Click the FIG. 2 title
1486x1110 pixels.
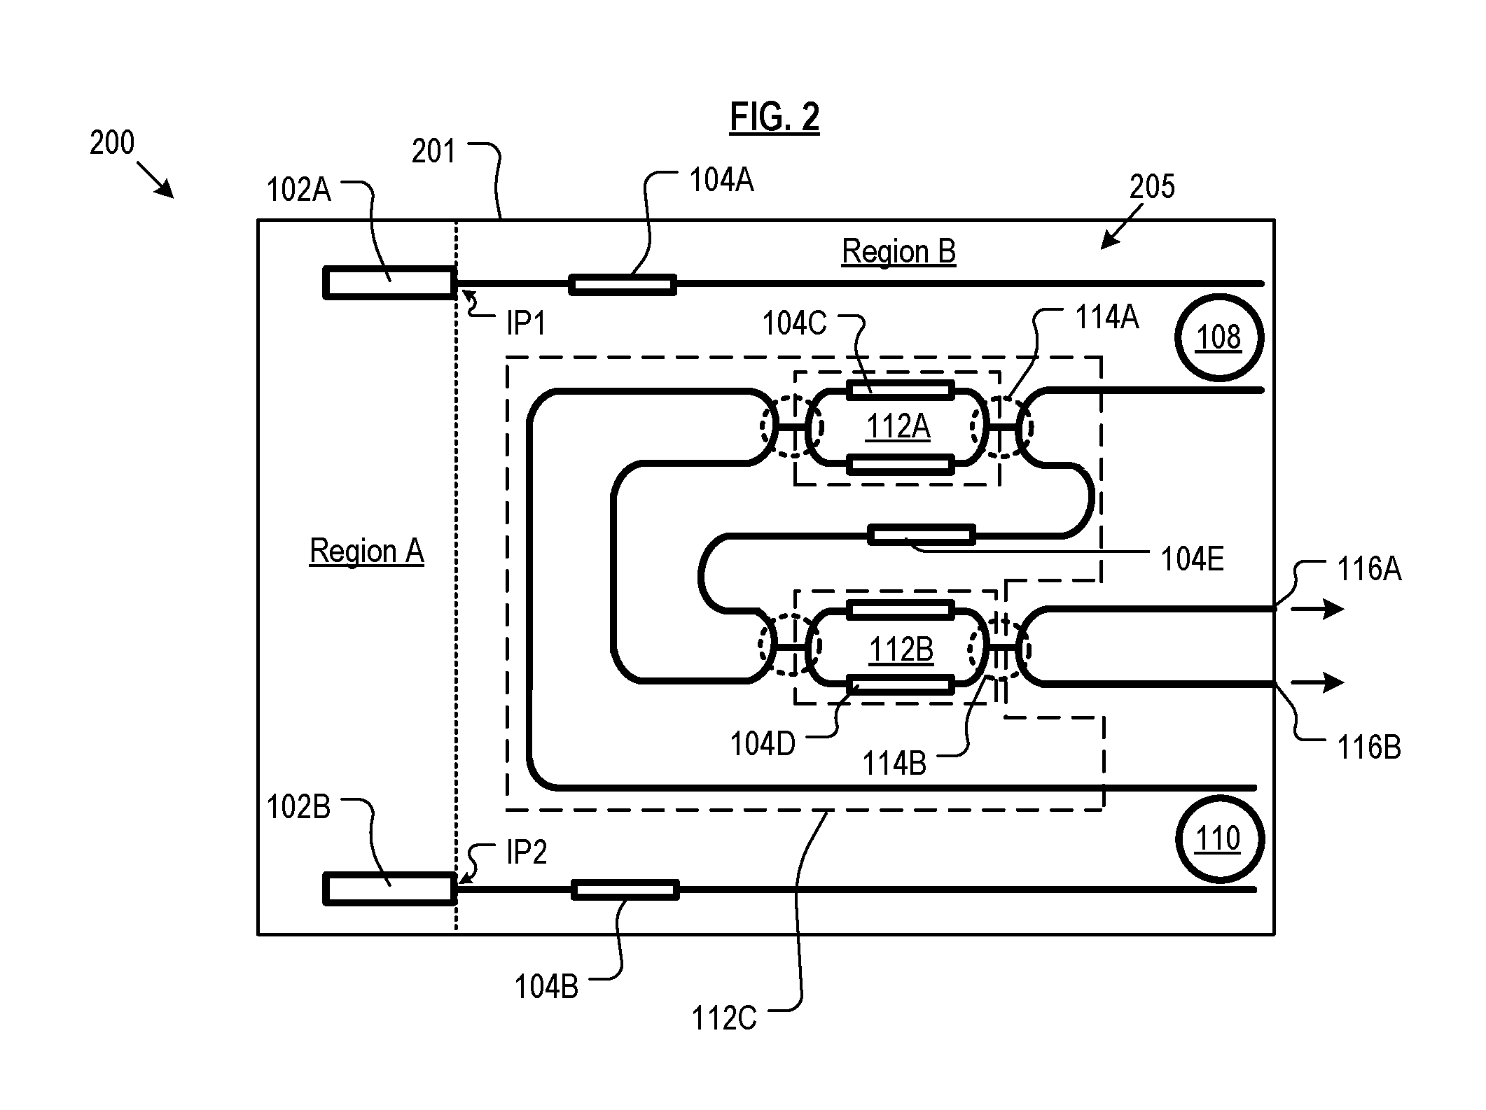click(775, 116)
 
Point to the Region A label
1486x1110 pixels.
click(367, 551)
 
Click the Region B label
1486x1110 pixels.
click(898, 251)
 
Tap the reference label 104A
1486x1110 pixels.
click(721, 180)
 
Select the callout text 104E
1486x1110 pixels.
click(1193, 559)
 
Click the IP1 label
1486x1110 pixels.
click(526, 323)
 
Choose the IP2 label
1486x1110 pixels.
click(527, 852)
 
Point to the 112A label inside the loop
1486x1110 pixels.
click(898, 426)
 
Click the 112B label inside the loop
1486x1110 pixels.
click(901, 650)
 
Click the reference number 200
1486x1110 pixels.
click(112, 143)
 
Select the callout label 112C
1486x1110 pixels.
click(724, 1018)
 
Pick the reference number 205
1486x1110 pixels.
click(1152, 187)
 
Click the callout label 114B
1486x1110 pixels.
click(894, 763)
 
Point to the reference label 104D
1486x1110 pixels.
click(763, 744)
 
